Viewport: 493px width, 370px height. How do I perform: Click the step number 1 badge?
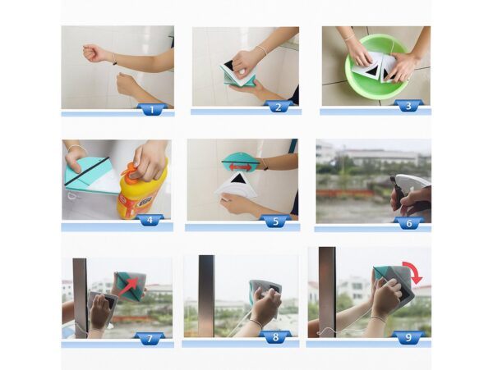[152, 110]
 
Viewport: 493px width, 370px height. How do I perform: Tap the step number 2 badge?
[279, 107]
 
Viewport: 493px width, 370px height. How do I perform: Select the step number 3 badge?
[408, 106]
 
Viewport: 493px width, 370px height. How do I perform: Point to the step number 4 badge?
[150, 220]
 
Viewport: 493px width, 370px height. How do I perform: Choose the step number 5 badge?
[275, 221]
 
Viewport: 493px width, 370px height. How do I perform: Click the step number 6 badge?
[408, 222]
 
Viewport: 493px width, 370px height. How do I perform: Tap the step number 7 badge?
[150, 338]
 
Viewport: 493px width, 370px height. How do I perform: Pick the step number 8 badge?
[275, 336]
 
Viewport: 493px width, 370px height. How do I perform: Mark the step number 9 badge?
[408, 336]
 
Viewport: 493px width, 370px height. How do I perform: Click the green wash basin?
[376, 67]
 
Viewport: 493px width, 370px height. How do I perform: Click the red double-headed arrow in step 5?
[240, 167]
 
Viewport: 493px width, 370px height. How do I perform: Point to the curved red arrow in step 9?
[414, 272]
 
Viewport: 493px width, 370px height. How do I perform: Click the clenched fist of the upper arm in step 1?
[92, 53]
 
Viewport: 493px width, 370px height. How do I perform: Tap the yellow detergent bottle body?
[141, 192]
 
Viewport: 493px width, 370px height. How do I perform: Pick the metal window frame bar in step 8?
[206, 296]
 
